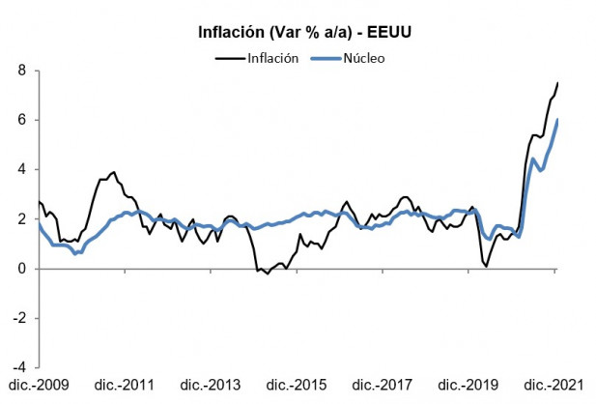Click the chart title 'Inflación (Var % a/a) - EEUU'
click(301, 33)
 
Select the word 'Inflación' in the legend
click(273, 57)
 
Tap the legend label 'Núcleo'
click(363, 57)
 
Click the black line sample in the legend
click(227, 57)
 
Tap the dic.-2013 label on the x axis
click(209, 386)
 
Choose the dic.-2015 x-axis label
click(296, 386)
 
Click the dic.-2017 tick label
click(382, 386)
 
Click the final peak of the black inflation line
click(557, 83)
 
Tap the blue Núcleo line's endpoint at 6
click(557, 120)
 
